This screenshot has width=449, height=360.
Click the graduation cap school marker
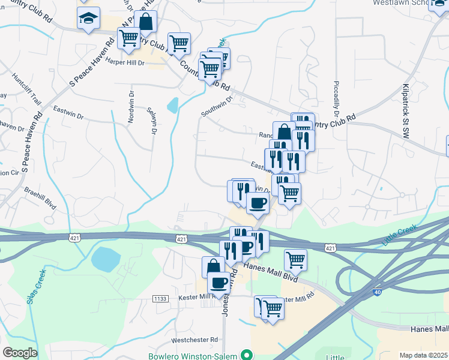[88, 19]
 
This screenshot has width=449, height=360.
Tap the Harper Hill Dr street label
[125, 62]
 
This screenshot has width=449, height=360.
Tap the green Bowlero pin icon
[244, 355]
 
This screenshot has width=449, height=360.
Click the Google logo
[20, 352]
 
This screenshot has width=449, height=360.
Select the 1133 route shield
[160, 298]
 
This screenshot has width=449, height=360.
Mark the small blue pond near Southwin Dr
[172, 106]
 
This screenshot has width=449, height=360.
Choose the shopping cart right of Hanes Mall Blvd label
[295, 260]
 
